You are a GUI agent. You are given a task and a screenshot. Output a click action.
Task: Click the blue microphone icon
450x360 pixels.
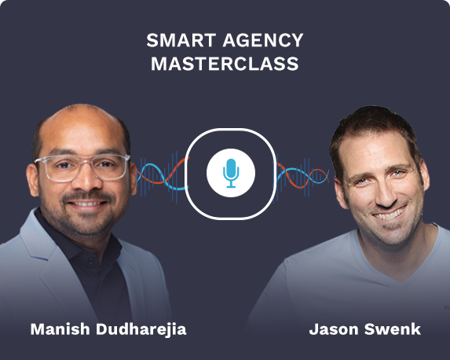[230, 173]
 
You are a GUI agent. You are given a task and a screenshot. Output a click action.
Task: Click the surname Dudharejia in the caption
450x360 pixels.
[142, 329]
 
